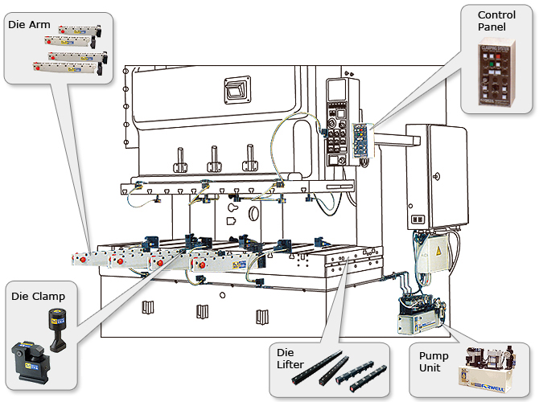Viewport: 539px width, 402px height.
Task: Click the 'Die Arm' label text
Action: pos(30,25)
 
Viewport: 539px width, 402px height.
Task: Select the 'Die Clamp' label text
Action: pos(39,297)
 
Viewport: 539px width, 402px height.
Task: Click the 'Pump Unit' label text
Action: pos(434,361)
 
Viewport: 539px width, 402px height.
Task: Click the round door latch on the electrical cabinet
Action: pos(435,176)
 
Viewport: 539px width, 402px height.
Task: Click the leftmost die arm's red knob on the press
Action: pos(80,260)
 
